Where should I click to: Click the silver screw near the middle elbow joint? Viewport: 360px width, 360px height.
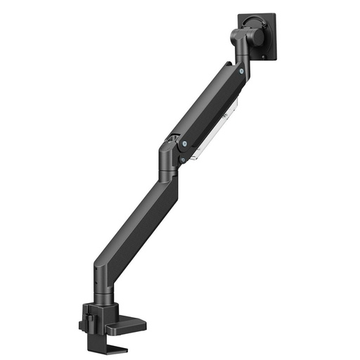(184, 143)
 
